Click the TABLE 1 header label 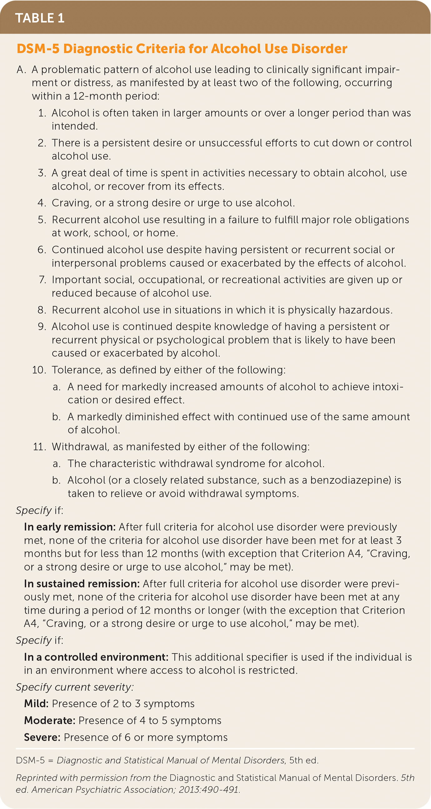tap(40, 18)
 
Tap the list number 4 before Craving tap(42, 203)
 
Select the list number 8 tap(42, 310)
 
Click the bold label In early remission tap(70, 527)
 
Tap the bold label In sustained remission tap(82, 584)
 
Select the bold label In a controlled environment tap(96, 657)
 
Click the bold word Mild tap(36, 703)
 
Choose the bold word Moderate tap(50, 720)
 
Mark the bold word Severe tap(42, 737)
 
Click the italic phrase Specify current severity tap(74, 687)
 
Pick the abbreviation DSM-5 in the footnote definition tap(31, 760)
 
